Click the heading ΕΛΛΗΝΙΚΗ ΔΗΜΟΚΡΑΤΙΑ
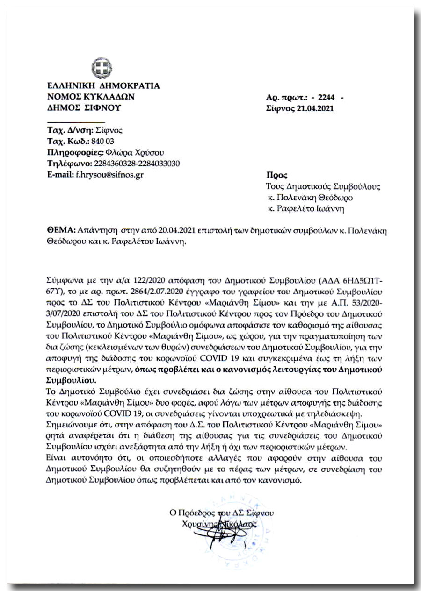(103, 86)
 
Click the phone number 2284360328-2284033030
(137, 164)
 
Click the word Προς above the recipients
(276, 176)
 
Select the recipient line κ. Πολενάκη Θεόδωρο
(310, 198)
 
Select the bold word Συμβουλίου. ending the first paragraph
(70, 380)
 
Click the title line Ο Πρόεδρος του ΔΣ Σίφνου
(222, 513)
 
